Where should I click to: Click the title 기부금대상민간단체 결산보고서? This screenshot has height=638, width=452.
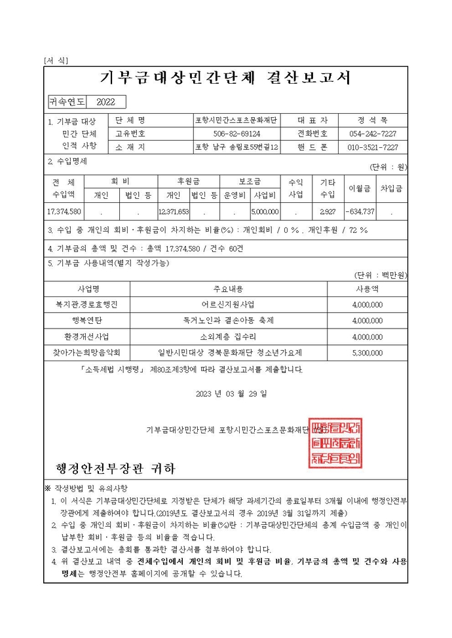tap(225, 78)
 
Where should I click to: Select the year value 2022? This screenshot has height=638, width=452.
tap(105, 101)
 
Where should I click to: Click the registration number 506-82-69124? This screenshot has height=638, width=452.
tap(236, 133)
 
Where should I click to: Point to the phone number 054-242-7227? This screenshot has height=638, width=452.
tap(372, 133)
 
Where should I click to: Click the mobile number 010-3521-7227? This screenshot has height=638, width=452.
tap(372, 147)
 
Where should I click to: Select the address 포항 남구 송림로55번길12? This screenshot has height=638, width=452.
tap(236, 147)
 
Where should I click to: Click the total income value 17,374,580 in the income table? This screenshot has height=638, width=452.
tap(64, 211)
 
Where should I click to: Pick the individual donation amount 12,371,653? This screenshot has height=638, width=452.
tap(174, 211)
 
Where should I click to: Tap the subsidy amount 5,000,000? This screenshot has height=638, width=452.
tap(265, 211)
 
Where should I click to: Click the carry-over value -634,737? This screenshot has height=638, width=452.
tap(360, 211)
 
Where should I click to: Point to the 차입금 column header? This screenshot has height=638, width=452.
tap(391, 188)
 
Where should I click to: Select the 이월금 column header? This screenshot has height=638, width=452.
tap(360, 188)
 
